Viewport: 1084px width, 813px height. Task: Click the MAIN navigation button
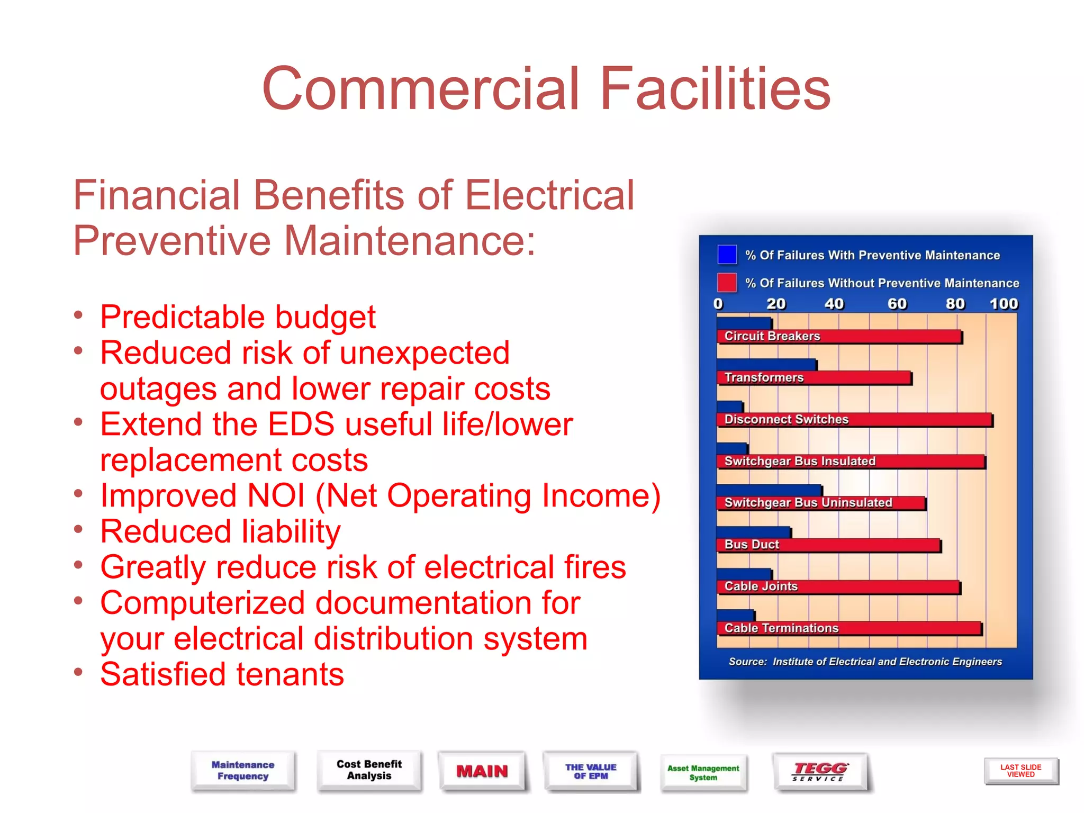tap(482, 771)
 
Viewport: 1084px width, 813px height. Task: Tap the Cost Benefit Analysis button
tap(369, 770)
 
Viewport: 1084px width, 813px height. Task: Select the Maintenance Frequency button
tap(243, 770)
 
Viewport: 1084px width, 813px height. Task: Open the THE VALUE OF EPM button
tap(591, 771)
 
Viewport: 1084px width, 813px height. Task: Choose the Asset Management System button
tap(703, 772)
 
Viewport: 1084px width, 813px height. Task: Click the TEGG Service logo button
tap(820, 772)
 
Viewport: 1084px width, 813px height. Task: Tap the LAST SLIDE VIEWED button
tap(1020, 771)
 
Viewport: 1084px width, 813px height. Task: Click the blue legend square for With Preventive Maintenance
tap(727, 255)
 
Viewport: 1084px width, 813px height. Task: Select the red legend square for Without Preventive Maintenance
tap(727, 283)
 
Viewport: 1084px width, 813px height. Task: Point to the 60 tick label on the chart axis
tap(897, 304)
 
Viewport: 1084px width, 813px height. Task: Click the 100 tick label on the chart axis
tap(1004, 304)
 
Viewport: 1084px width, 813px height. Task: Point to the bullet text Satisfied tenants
tap(222, 674)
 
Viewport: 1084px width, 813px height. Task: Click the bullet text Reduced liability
tap(221, 531)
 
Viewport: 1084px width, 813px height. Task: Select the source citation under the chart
tap(865, 662)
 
